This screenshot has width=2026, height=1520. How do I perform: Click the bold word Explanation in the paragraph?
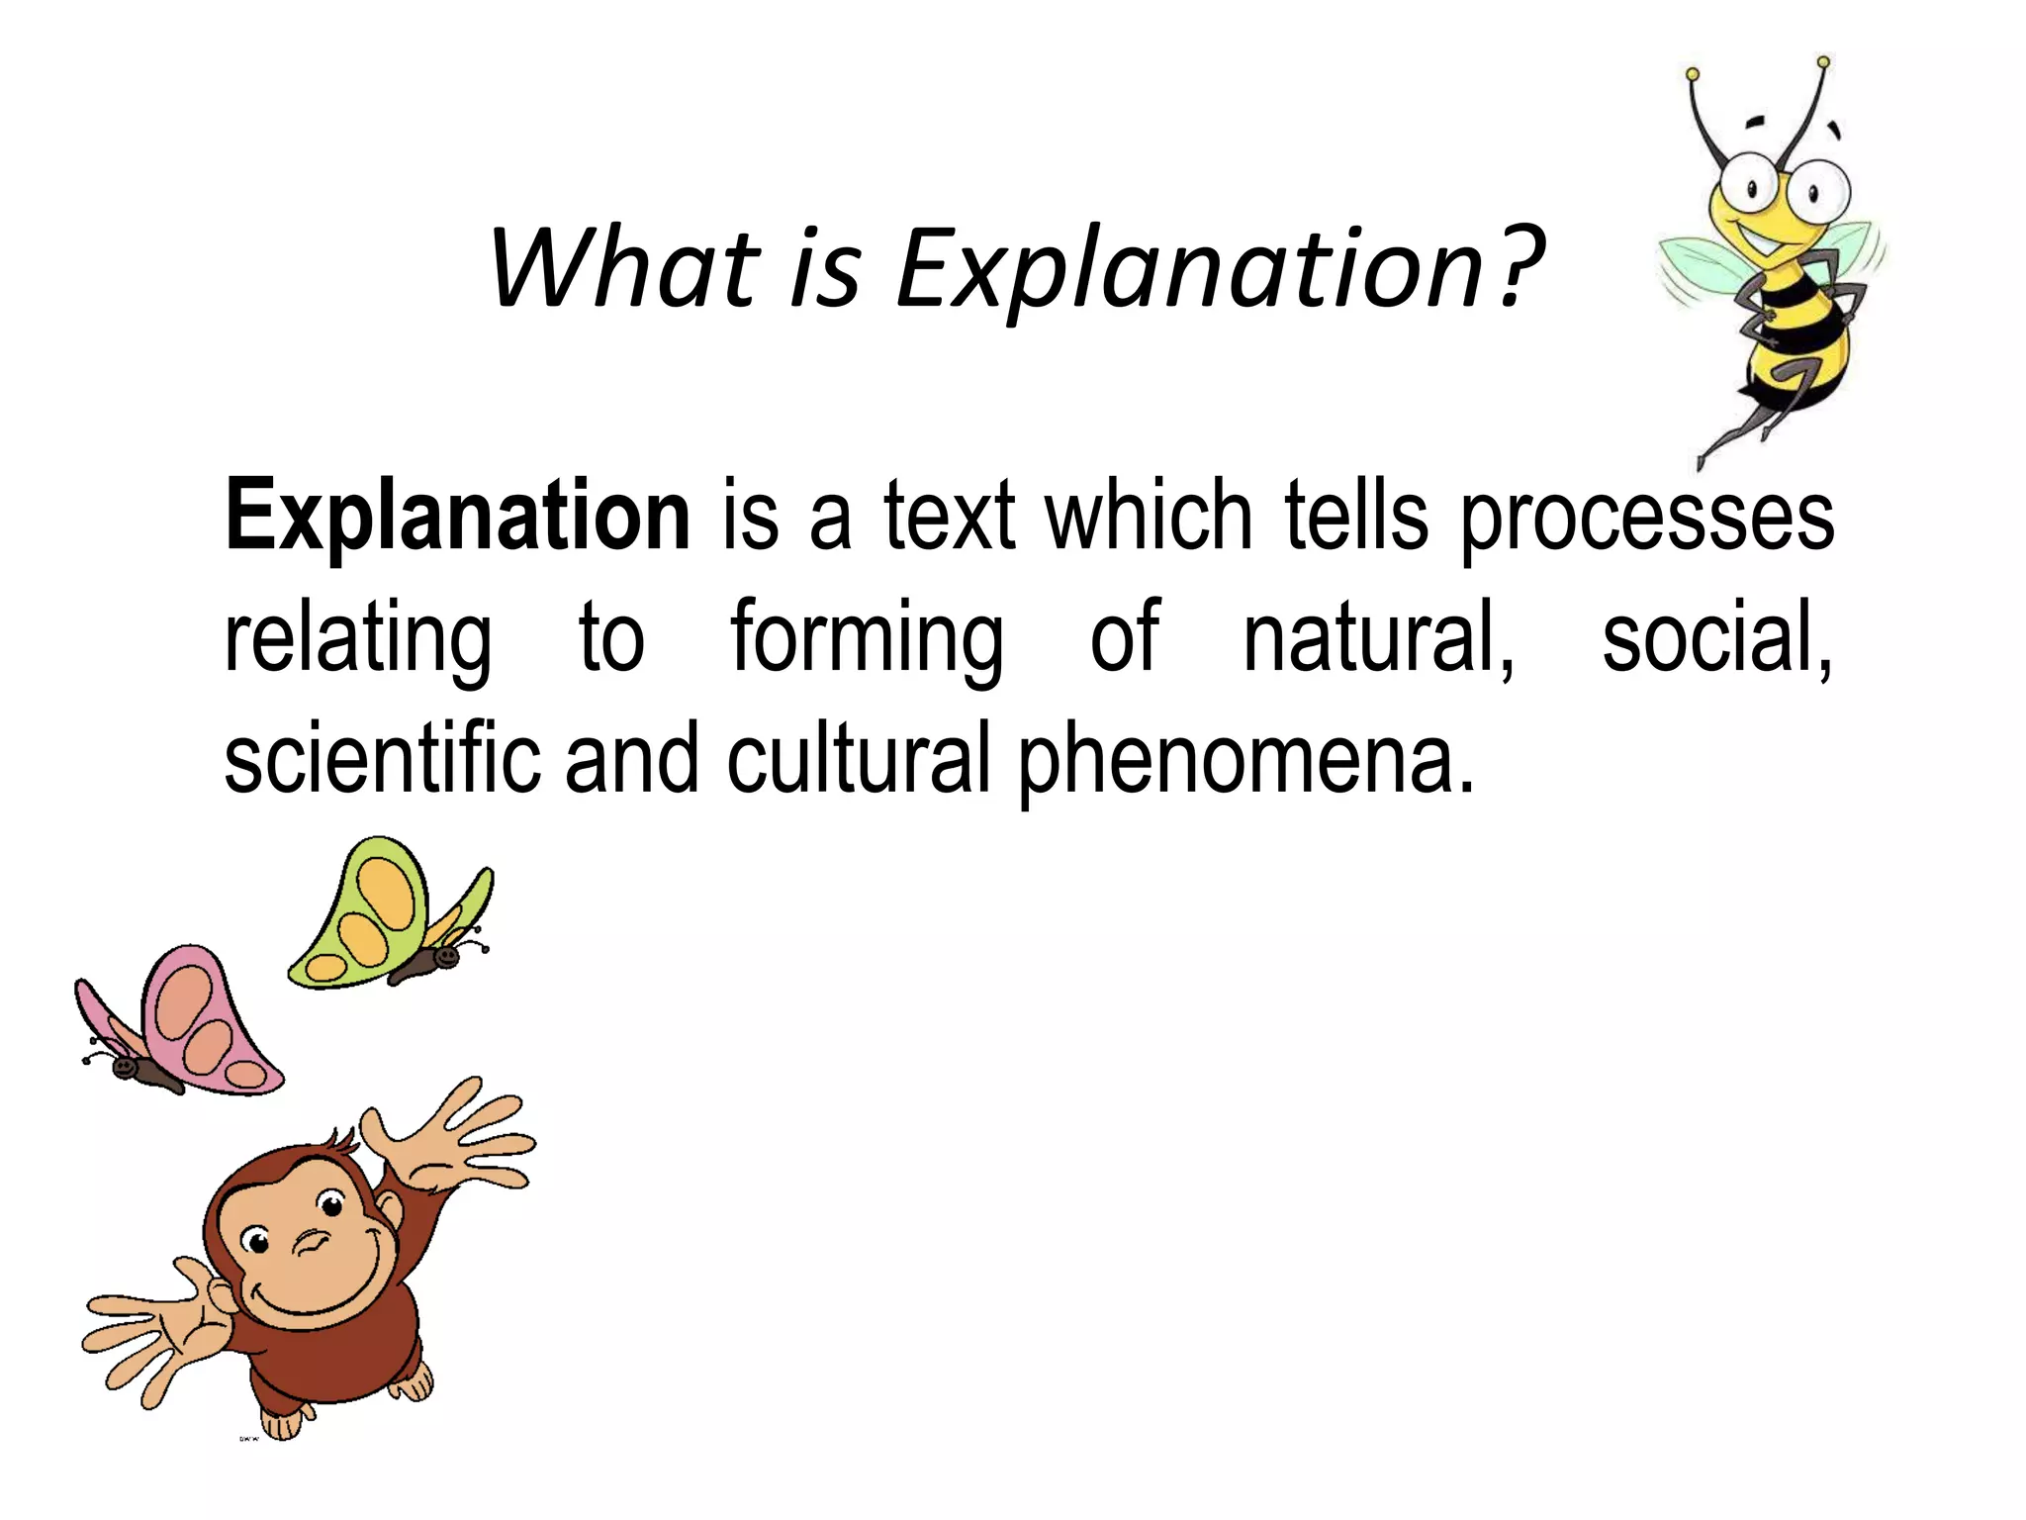point(457,517)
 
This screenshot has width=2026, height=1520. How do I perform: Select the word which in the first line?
point(1150,517)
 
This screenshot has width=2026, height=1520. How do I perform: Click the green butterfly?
point(391,915)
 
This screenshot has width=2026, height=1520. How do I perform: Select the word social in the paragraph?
point(1715,638)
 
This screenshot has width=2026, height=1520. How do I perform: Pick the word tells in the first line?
point(1356,517)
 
